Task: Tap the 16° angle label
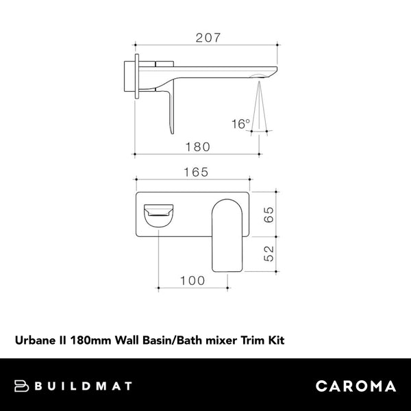point(240,124)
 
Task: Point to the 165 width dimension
point(196,174)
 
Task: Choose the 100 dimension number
point(192,281)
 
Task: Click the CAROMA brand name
point(356,386)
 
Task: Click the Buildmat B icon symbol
point(22,386)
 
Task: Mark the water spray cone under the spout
point(260,103)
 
